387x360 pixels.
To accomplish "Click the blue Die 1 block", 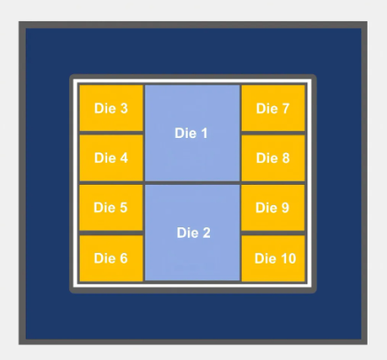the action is click(x=192, y=133).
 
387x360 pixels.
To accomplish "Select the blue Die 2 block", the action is click(x=192, y=233).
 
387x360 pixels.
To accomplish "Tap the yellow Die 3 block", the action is click(x=112, y=108).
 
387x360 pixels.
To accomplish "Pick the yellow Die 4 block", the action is click(x=112, y=158).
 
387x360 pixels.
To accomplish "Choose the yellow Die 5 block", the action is click(x=112, y=208).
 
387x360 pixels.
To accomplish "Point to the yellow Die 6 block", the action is click(x=112, y=258).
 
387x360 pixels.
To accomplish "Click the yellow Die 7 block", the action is click(x=273, y=108).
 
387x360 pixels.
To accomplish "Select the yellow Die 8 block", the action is click(x=273, y=158).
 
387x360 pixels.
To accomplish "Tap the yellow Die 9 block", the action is click(x=273, y=208).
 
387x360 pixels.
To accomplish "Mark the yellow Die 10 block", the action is click(x=273, y=258).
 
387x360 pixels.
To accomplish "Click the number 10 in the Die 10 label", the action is click(x=288, y=258).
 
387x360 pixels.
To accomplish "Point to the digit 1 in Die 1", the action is click(x=204, y=134).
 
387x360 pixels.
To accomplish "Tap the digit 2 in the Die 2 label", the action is click(x=205, y=233).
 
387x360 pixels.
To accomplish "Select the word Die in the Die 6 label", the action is click(x=104, y=258).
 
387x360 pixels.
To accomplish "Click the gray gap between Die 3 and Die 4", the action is click(x=112, y=133).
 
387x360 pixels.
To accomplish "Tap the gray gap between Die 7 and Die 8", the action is click(x=273, y=133).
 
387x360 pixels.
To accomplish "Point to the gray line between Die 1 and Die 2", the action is click(x=192, y=183).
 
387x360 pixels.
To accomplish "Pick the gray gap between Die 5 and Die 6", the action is click(x=112, y=233).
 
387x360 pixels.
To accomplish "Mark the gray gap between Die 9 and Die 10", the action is click(x=273, y=233).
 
